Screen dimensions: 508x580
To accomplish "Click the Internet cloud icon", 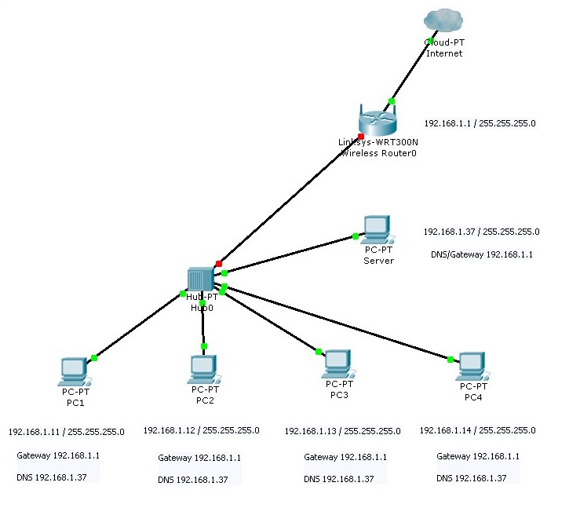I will [443, 20].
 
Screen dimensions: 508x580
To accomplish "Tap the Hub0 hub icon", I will [202, 280].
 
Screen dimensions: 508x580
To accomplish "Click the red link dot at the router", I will [361, 136].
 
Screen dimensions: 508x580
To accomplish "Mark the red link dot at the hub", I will [219, 263].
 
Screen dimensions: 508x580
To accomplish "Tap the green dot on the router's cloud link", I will [392, 101].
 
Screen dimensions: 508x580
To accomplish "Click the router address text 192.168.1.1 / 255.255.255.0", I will [480, 124].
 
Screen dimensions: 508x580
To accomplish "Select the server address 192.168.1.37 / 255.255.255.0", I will [481, 232].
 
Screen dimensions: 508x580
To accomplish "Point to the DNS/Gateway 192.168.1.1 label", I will [482, 255].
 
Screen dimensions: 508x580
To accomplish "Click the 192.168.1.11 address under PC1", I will [66, 432].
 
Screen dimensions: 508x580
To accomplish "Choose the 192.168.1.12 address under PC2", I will [201, 430].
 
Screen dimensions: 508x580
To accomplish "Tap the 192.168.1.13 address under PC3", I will [342, 431].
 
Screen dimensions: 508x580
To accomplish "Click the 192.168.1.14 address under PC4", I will [477, 430].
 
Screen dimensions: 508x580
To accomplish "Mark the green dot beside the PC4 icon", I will [451, 360].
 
